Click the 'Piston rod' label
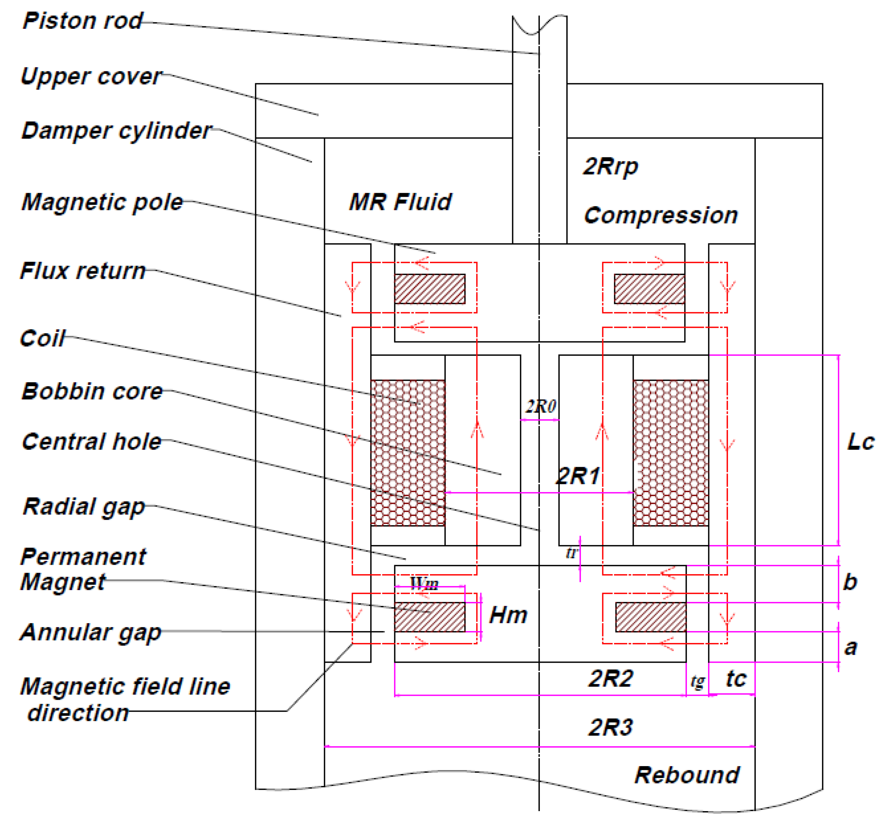(x=83, y=21)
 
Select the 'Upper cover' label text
(x=91, y=76)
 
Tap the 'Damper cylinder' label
(x=116, y=131)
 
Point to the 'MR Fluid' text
(x=400, y=202)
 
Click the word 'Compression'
(x=661, y=216)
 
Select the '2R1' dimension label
(x=577, y=477)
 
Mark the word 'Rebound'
(x=687, y=775)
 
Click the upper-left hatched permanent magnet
(x=430, y=289)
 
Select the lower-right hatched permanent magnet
(x=651, y=617)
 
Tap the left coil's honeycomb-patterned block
(x=408, y=453)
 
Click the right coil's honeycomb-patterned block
(x=670, y=453)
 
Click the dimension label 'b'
(x=850, y=582)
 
